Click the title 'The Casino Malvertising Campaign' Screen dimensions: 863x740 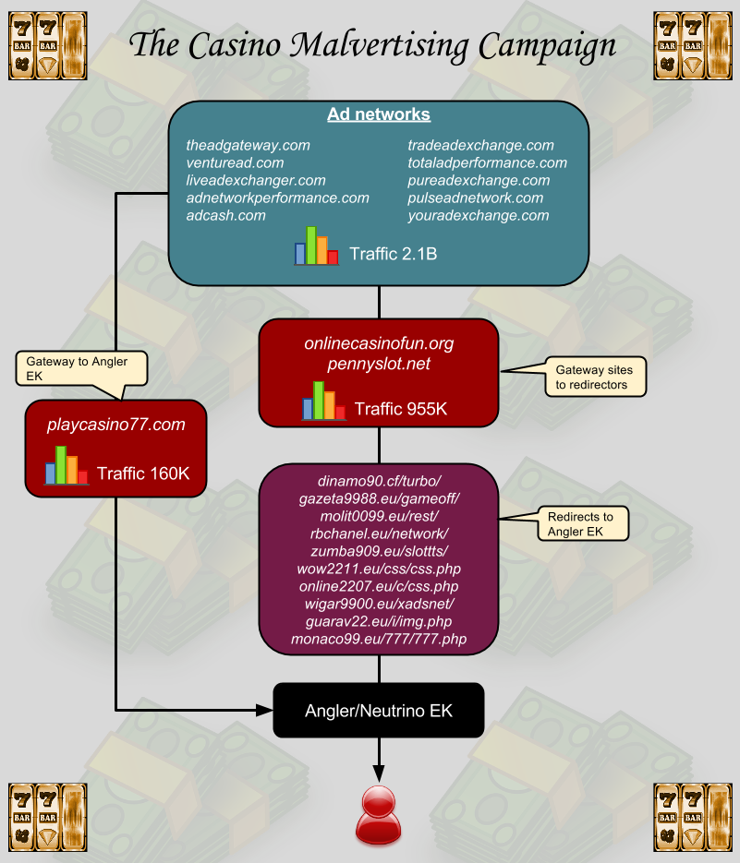point(372,44)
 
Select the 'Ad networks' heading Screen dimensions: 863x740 point(379,115)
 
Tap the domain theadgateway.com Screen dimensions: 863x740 point(248,145)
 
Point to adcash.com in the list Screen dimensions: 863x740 point(225,215)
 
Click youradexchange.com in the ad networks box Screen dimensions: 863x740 point(479,215)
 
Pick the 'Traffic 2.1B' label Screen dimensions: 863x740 point(394,253)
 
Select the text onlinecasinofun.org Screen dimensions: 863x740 point(379,343)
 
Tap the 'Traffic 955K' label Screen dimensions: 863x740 point(400,409)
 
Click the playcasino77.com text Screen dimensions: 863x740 point(116,425)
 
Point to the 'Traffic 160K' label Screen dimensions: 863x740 point(143,473)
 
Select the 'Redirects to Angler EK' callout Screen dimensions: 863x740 point(582,524)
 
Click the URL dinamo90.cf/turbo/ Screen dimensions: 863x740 point(379,482)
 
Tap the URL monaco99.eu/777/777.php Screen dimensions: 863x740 point(379,639)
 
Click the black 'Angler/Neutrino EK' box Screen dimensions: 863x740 point(379,711)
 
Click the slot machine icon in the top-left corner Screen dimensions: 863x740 point(48,44)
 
